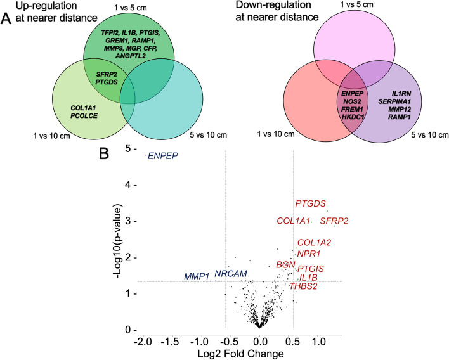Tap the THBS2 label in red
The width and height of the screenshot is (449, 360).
click(304, 286)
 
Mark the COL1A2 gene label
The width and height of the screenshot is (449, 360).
click(315, 242)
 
